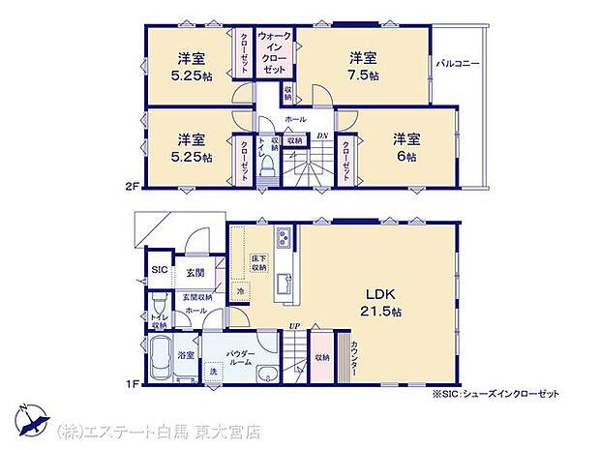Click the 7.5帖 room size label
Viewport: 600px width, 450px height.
tap(364, 75)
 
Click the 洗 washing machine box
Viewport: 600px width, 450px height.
tap(212, 372)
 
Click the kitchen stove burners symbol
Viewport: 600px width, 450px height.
tap(284, 237)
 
